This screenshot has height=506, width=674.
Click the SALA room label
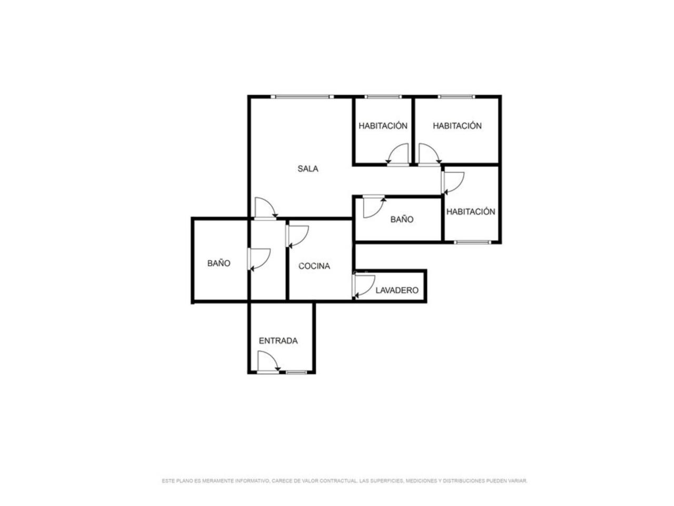tap(308, 169)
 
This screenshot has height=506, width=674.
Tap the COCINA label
tap(314, 266)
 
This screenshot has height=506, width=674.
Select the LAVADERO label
tap(397, 290)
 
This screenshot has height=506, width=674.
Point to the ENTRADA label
tap(278, 340)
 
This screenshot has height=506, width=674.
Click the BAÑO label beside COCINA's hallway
tap(219, 264)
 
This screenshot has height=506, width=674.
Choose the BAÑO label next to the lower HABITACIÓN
tap(402, 219)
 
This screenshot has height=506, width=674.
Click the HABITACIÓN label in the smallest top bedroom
tap(383, 125)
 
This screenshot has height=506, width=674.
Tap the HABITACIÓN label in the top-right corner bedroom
tap(457, 125)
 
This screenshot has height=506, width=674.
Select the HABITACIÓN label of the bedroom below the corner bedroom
tap(470, 212)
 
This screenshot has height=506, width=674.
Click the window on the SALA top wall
tap(302, 96)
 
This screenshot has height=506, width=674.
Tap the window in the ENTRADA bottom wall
tap(296, 372)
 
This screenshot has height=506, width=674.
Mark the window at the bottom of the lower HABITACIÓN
tap(472, 242)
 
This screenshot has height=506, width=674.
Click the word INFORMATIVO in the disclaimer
tap(252, 481)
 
